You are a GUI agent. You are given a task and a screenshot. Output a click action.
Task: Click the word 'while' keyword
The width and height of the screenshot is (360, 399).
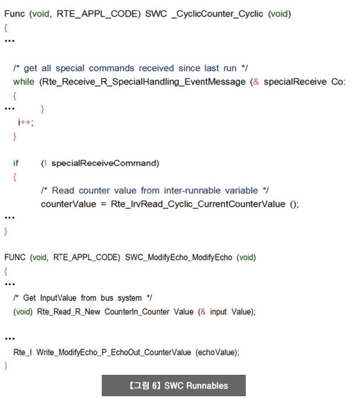click(24, 82)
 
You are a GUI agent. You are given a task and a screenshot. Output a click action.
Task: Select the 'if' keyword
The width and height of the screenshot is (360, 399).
click(16, 163)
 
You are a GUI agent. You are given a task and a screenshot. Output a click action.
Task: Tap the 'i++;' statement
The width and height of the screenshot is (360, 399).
click(26, 122)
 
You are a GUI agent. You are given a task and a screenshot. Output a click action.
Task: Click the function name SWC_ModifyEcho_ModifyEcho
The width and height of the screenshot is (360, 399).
click(179, 257)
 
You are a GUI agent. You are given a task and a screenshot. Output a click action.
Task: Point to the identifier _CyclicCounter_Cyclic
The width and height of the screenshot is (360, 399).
click(217, 14)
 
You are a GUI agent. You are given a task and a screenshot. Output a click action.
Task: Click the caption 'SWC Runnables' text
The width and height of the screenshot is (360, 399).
click(196, 385)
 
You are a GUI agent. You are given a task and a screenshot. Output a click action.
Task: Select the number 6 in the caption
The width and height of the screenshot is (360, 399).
click(154, 385)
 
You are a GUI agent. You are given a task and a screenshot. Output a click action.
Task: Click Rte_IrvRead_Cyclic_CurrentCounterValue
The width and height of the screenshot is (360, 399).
click(198, 204)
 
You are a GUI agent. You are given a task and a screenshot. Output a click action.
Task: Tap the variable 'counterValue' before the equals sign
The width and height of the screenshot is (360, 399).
click(69, 204)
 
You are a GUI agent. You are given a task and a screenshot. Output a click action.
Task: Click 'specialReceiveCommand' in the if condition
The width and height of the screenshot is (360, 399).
click(104, 163)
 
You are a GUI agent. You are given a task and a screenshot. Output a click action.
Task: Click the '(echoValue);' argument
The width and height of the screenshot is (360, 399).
click(217, 352)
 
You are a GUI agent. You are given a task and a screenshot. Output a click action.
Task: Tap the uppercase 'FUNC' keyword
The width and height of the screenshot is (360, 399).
click(15, 257)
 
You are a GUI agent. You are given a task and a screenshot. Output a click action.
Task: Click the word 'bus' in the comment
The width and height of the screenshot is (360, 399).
click(107, 298)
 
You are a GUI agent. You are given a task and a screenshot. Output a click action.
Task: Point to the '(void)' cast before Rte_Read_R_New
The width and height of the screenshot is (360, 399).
click(23, 311)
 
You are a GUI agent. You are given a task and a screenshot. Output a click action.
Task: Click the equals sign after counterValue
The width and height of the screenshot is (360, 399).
click(103, 204)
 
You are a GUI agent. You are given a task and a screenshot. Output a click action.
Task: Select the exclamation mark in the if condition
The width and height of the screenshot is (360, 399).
click(46, 163)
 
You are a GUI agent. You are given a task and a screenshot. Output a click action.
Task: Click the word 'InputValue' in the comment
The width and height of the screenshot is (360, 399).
click(58, 298)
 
